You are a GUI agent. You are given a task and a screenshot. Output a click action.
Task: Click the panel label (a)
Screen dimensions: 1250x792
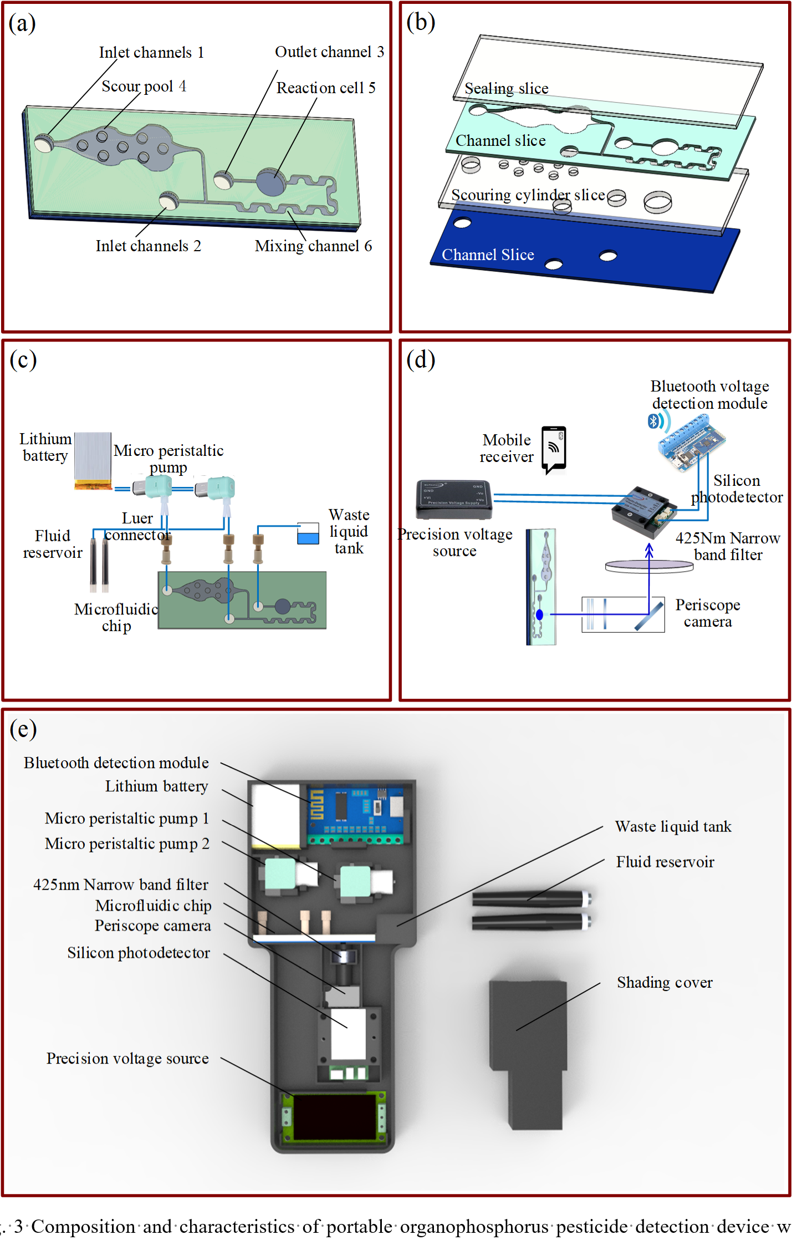[x=22, y=24]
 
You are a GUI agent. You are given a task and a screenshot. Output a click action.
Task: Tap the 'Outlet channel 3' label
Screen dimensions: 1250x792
[x=329, y=52]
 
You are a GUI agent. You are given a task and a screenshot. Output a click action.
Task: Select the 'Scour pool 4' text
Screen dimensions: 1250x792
[x=144, y=87]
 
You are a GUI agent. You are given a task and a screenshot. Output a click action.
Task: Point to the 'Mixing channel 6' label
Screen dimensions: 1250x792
[x=313, y=246]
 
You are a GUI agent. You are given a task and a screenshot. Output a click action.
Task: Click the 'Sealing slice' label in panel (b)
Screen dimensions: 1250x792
[x=506, y=89]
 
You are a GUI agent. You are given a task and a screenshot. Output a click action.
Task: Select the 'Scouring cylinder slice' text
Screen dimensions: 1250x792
[x=528, y=195]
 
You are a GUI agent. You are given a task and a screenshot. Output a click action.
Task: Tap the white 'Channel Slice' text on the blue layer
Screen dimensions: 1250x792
[x=488, y=255]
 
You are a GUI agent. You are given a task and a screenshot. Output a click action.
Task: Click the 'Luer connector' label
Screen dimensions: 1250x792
[x=137, y=526]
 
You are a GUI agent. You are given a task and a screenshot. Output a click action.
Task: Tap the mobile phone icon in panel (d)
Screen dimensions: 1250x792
[x=554, y=449]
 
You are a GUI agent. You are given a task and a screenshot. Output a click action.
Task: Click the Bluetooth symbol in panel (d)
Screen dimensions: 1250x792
[x=653, y=421]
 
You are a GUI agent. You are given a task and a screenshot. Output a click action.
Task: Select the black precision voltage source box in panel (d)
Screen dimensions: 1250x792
[x=453, y=499]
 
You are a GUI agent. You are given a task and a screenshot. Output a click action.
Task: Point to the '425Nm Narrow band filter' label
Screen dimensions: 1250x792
[x=728, y=546]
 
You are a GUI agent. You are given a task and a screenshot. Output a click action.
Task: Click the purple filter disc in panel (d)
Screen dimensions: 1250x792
[x=649, y=566]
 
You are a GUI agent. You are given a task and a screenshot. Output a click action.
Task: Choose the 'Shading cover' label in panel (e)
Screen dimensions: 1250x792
[x=665, y=983]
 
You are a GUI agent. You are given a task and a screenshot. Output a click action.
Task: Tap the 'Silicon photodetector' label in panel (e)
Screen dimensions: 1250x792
[x=139, y=953]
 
